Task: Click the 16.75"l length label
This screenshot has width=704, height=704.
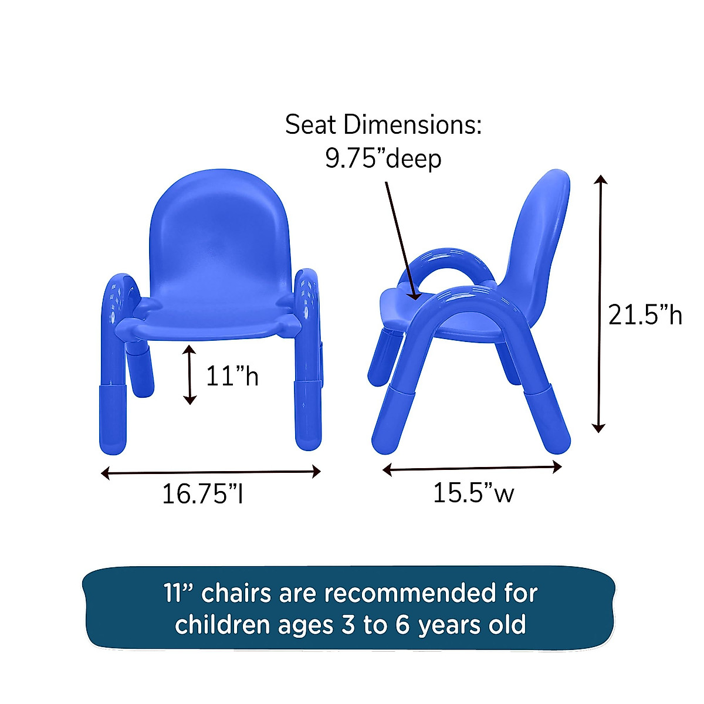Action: (x=202, y=494)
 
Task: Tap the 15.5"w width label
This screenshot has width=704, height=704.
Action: (x=473, y=493)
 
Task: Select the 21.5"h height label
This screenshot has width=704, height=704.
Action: (x=645, y=316)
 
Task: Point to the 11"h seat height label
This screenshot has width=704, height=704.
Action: (x=232, y=375)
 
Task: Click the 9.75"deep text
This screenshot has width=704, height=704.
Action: (x=383, y=158)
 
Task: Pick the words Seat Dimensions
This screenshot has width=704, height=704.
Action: (x=383, y=125)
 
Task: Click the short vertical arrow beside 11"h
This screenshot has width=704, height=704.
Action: (x=189, y=374)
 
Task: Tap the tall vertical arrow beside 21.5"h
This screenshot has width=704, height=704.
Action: (x=598, y=303)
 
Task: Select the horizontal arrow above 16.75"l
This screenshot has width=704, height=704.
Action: (x=211, y=472)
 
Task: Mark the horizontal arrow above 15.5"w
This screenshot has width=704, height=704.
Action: (x=472, y=468)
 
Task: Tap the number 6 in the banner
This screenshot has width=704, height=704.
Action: (x=402, y=625)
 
